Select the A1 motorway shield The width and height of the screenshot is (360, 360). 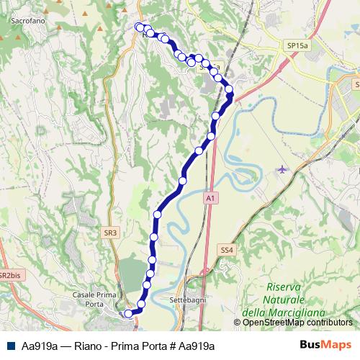click(210, 197)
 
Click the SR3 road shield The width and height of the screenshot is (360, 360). click(109, 233)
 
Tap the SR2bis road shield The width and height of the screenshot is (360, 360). click(9, 276)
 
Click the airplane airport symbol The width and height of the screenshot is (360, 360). click(281, 170)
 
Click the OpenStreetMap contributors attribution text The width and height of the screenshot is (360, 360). click(297, 323)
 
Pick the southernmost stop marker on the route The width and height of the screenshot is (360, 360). click(129, 313)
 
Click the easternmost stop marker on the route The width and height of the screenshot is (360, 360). click(230, 90)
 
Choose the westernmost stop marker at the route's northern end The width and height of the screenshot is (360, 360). click(139, 27)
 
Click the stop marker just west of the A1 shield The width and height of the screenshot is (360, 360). click(183, 181)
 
